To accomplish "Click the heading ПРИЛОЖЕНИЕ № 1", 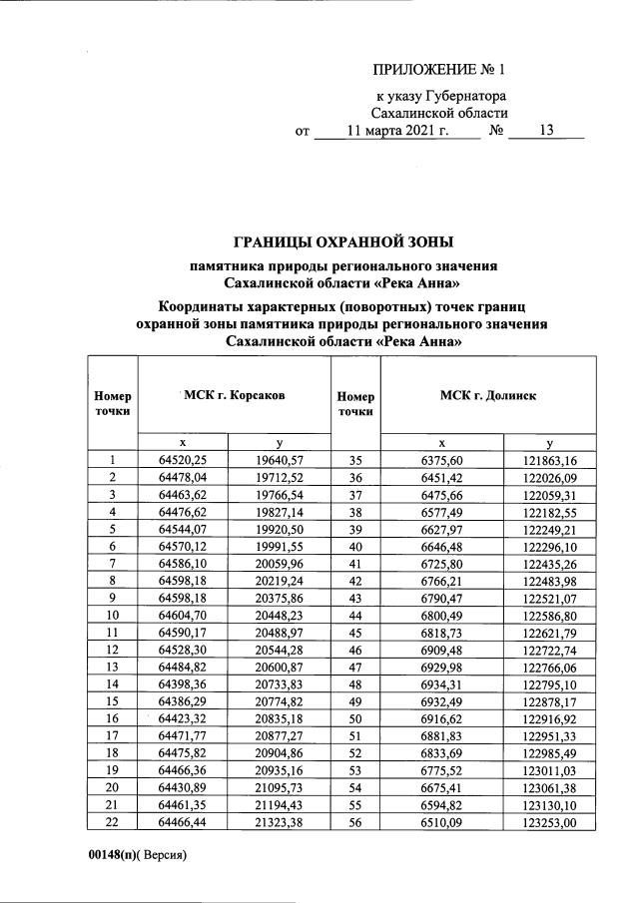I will tap(439, 70).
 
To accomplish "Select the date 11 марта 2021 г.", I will tap(397, 131).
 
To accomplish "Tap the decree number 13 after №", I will tap(545, 131).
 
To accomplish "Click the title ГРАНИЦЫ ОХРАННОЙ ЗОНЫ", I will tap(343, 242).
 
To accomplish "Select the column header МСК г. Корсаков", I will tap(235, 395).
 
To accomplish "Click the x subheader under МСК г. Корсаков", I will tap(183, 442).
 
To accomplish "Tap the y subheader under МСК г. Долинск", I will tap(550, 442).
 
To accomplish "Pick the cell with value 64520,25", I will tap(183, 460).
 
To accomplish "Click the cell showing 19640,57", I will tap(280, 460).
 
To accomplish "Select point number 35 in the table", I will tap(355, 460).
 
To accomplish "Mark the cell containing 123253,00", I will tap(550, 822).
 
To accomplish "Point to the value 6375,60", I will tap(443, 460).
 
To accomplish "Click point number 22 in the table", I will tap(113, 822).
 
